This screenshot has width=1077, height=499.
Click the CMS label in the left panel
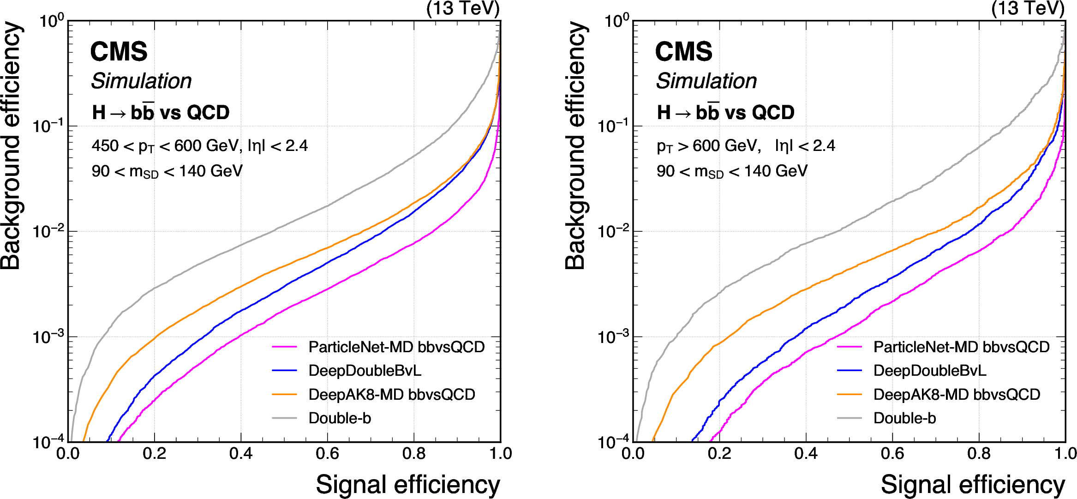[x=119, y=51]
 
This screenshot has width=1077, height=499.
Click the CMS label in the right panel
[x=683, y=51]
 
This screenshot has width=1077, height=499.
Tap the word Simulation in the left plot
[x=141, y=81]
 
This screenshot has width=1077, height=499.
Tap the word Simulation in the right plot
[x=706, y=81]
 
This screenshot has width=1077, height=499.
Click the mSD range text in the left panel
[x=167, y=171]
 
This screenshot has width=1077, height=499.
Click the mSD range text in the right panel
[x=732, y=171]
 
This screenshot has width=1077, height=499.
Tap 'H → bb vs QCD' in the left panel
[x=161, y=113]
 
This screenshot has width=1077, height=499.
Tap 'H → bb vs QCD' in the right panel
[x=725, y=113]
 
